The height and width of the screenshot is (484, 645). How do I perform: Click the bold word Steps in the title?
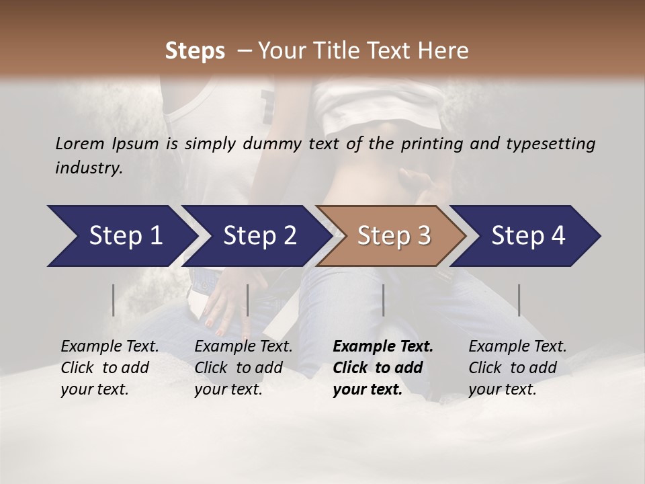coord(195,50)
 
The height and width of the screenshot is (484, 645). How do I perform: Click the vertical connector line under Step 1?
coord(114,300)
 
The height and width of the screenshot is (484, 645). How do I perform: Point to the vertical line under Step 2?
coord(248,300)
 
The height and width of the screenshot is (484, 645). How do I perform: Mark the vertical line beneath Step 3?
coord(384,300)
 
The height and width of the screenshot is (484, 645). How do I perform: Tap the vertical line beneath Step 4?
coord(519,300)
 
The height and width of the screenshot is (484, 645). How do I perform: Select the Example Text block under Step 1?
coord(109,368)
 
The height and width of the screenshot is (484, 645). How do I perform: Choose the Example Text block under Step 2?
coord(243,368)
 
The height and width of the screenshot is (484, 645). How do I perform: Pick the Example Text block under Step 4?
coord(517,368)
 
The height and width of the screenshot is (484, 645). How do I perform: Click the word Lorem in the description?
coord(80,143)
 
